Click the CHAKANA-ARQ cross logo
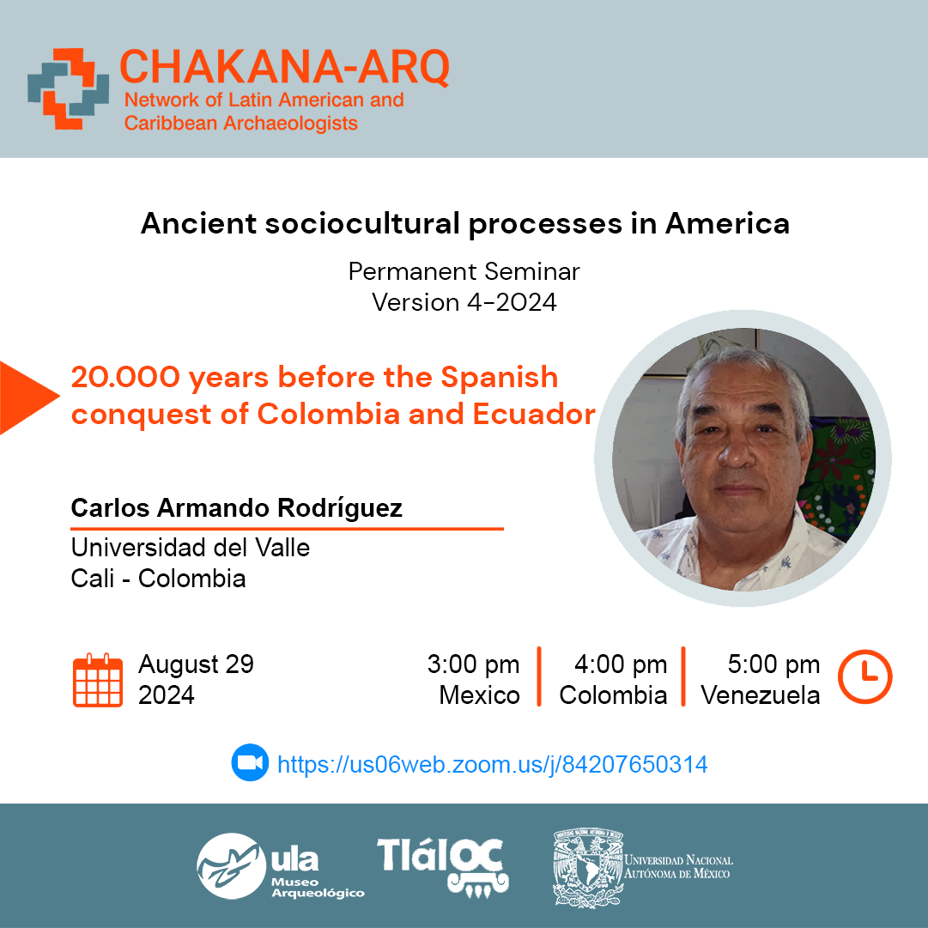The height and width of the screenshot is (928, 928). point(68,88)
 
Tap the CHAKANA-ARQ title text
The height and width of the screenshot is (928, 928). point(285,67)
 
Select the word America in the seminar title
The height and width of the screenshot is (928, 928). point(727,224)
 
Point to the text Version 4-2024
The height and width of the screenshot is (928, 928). point(464,302)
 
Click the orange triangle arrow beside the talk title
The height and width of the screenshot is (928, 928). point(29,397)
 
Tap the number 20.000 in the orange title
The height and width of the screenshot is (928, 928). point(125,377)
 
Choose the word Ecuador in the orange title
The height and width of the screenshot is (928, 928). point(534,415)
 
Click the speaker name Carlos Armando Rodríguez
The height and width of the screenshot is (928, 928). point(237,508)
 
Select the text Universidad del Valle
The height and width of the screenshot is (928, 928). point(191,548)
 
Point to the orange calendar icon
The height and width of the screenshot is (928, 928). point(98,680)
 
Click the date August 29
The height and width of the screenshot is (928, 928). point(196,664)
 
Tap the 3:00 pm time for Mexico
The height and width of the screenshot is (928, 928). point(474,664)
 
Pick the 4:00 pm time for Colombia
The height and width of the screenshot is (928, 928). point(621,664)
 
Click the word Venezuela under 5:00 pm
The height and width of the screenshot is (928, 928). point(761,695)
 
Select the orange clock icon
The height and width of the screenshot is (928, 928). point(864,676)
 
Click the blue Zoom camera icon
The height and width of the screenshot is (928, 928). point(250,762)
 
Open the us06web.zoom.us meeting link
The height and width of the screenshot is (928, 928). point(493,765)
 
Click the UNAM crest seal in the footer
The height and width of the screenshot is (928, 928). point(588,868)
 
